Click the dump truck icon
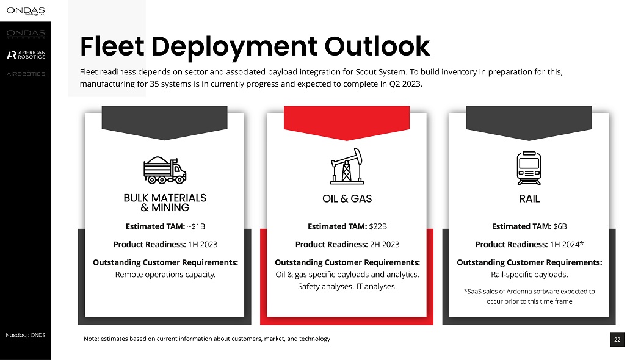(x=164, y=170)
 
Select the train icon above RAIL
(x=529, y=168)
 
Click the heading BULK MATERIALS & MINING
(x=165, y=203)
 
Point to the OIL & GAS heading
(x=347, y=198)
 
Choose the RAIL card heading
(x=529, y=198)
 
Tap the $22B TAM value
(x=378, y=226)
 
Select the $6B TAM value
(x=560, y=226)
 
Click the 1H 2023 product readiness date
(x=202, y=244)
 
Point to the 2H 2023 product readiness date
(x=385, y=244)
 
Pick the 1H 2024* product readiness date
(x=567, y=244)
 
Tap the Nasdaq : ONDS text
(x=25, y=335)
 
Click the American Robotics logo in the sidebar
(x=26, y=55)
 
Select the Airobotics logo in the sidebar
(x=26, y=74)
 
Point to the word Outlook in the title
(x=377, y=46)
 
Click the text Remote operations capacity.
(x=165, y=275)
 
